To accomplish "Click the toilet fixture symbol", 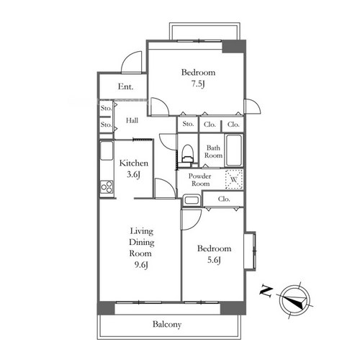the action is tap(187, 155).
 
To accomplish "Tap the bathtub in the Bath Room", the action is tap(234, 150).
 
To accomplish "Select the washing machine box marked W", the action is tap(234, 179).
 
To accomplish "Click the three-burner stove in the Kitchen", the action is tap(107, 186).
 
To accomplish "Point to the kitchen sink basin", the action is tap(107, 150).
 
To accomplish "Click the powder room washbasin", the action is tap(192, 200).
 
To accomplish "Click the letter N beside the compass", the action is tap(266, 291).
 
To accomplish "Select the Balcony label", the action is tap(167, 325).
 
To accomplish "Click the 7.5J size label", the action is tap(198, 84).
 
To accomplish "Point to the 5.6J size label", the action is tap(214, 260).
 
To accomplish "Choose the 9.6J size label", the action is tap(141, 265).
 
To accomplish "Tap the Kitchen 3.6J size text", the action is tap(133, 174).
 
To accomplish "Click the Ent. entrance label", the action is tap(125, 86).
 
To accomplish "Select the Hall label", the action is tap(132, 120).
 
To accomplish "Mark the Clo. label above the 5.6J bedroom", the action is tap(224, 199).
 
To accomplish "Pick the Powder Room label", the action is tap(199, 180).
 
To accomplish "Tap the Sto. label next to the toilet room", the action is tap(188, 124).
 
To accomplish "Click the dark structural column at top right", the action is tap(234, 47).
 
